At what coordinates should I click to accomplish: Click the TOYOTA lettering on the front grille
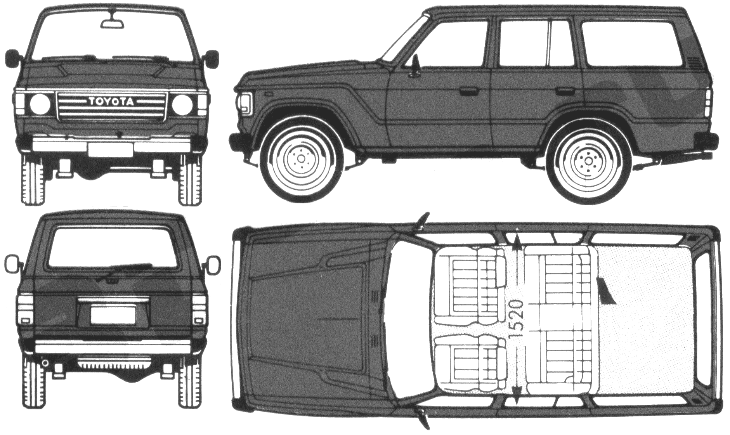(x=111, y=102)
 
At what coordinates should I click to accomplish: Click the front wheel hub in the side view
(x=302, y=158)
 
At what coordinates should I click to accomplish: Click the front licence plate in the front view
(x=111, y=149)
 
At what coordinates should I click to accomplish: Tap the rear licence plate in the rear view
(x=113, y=314)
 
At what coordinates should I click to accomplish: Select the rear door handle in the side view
(x=565, y=92)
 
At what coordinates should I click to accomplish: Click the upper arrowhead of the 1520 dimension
(x=517, y=241)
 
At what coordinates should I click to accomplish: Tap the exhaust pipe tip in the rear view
(x=45, y=363)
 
